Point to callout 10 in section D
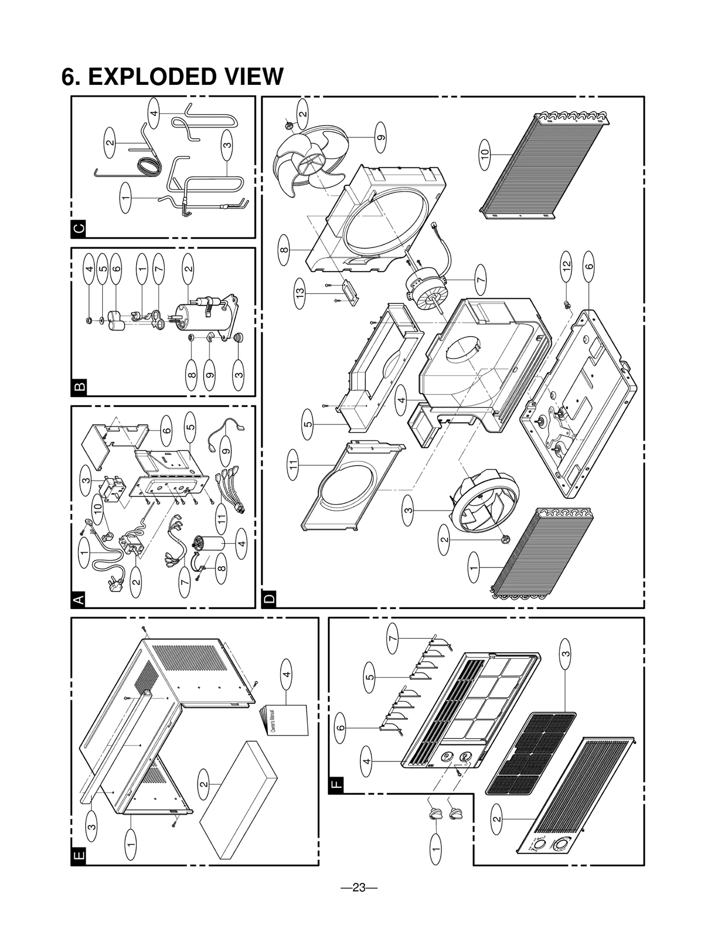[484, 154]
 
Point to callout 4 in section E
[286, 674]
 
